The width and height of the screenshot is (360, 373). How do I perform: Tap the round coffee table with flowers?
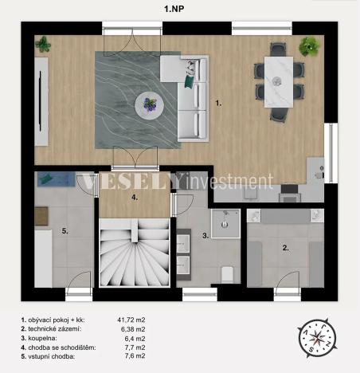(149, 102)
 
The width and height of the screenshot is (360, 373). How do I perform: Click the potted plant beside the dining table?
(307, 48)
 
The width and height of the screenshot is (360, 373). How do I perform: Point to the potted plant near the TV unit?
(44, 45)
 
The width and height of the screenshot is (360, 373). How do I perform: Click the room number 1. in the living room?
(218, 103)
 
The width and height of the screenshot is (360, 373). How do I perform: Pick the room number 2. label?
(286, 248)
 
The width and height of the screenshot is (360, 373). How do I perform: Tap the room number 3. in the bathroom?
(205, 236)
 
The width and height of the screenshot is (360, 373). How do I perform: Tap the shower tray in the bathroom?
(226, 224)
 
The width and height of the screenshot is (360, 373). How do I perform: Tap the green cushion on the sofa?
(190, 79)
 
